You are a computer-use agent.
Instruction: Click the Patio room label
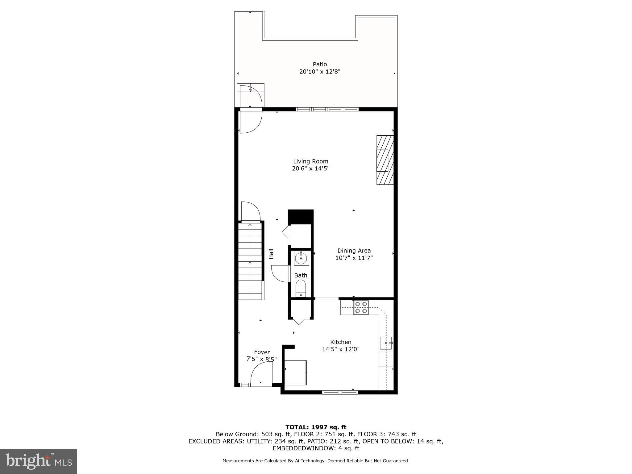[320, 64]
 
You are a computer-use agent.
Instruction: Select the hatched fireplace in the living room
[385, 160]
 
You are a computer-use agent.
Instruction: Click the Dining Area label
[354, 251]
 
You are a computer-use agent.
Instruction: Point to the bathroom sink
[301, 258]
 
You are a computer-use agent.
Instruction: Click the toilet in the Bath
[301, 288]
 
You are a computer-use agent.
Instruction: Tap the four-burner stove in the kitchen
[361, 307]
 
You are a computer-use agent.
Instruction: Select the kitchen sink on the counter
[386, 343]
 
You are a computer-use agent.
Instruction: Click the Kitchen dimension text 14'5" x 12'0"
[341, 349]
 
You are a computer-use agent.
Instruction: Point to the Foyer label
[262, 352]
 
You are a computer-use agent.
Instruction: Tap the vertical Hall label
[271, 254]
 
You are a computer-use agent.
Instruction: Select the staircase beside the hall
[250, 261]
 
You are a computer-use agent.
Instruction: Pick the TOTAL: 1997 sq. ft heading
[316, 427]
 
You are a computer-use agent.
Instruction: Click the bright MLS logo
[39, 461]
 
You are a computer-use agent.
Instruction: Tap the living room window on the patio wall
[327, 109]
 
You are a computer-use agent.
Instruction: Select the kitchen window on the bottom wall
[340, 392]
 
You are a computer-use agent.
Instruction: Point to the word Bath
[301, 275]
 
